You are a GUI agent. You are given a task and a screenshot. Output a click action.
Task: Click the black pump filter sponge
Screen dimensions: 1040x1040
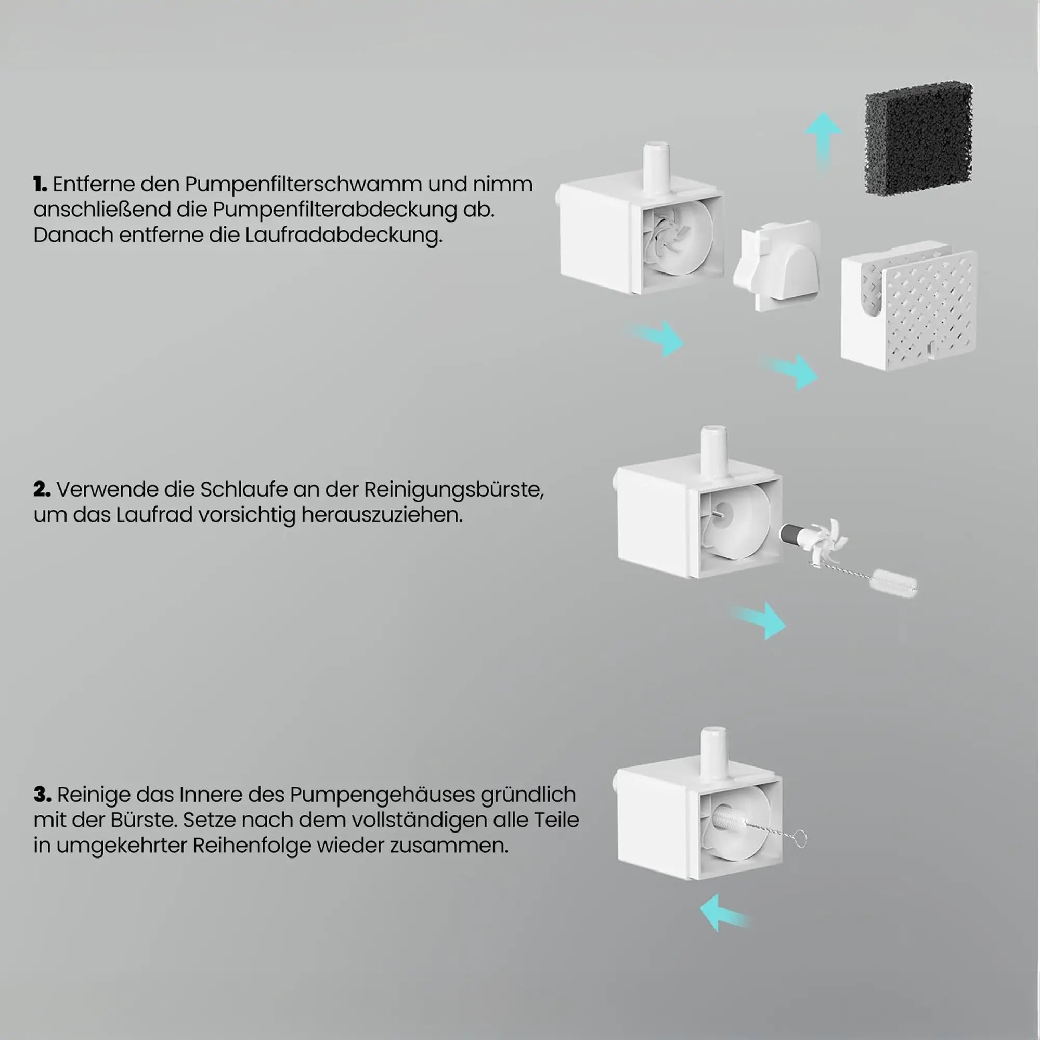click(918, 138)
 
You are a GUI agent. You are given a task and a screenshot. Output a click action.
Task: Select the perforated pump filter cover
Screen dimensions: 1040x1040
click(908, 308)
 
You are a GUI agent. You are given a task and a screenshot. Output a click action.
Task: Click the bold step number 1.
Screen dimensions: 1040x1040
click(40, 185)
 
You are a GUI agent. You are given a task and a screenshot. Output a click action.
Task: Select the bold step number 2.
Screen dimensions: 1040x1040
click(42, 490)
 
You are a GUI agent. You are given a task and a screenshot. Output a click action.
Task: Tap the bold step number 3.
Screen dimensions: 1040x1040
click(42, 795)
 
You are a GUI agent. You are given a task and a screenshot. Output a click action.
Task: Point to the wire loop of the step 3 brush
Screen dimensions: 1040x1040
click(800, 839)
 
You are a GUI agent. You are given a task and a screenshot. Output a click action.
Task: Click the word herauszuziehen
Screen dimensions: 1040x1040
click(382, 515)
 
